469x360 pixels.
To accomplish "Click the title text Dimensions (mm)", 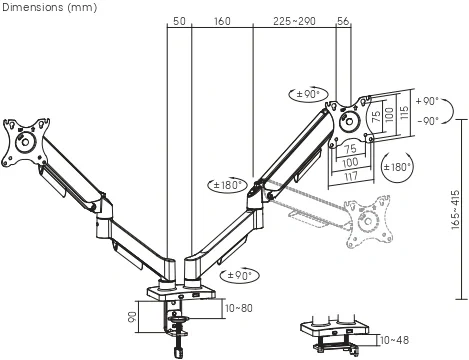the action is point(49,7).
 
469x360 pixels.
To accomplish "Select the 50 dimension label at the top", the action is point(179,21).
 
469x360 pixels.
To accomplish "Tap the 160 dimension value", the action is point(222,21).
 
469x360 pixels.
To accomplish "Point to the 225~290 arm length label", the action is point(294,21).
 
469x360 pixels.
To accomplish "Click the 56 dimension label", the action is point(343,21).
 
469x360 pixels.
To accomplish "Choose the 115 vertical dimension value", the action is point(404,113).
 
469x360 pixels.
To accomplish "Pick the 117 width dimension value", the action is point(351,176).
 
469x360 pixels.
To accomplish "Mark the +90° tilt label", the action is point(427,101).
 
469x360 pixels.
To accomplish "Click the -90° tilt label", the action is point(428,120).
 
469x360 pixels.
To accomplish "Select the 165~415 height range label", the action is point(455,209).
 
